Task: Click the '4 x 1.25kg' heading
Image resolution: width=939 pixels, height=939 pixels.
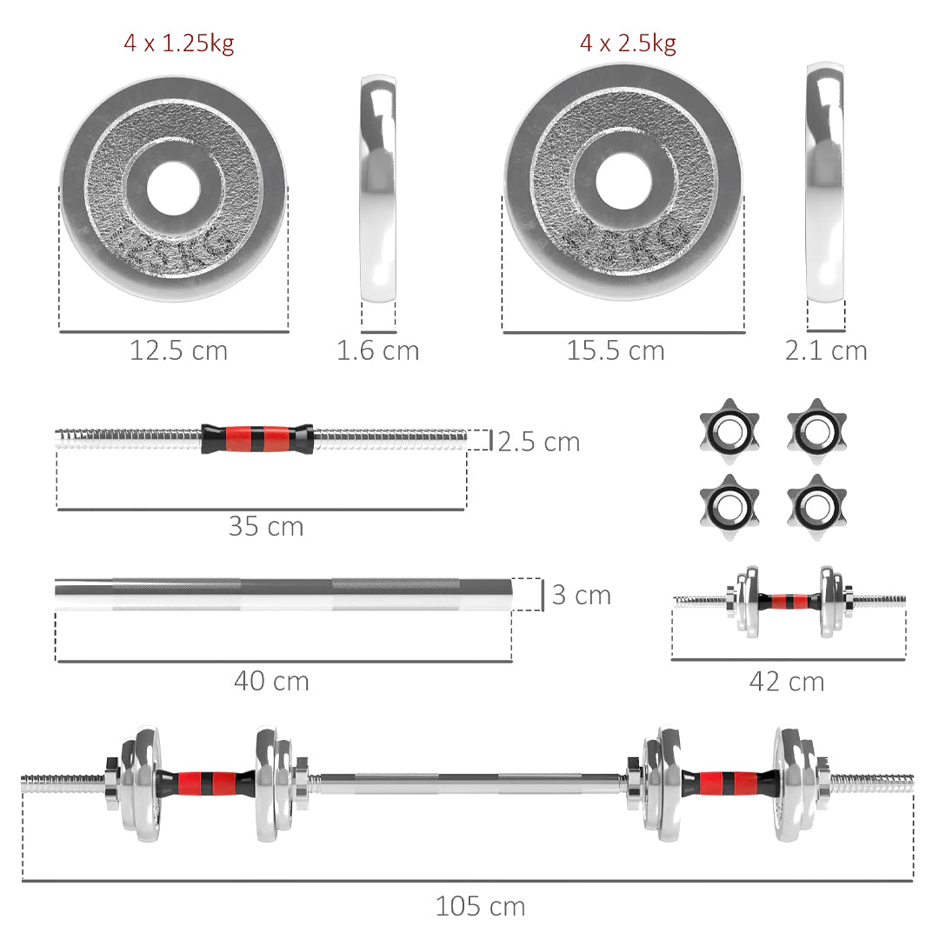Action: (x=178, y=43)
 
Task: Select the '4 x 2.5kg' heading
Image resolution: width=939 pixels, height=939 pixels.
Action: (x=628, y=43)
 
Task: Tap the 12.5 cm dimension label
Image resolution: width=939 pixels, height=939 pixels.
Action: (x=178, y=350)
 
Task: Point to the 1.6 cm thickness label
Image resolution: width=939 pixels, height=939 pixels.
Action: (x=377, y=350)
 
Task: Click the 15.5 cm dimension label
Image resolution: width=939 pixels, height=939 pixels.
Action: (x=616, y=350)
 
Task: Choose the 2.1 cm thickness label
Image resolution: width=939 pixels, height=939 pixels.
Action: (x=826, y=350)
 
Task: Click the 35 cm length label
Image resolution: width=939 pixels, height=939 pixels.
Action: (x=266, y=526)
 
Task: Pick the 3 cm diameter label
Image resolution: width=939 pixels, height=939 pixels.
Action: (x=582, y=596)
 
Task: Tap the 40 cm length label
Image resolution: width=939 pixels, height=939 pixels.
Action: (x=271, y=681)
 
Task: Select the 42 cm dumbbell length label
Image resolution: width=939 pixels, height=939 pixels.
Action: (x=787, y=683)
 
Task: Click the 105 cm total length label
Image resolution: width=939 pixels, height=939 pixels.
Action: (x=480, y=907)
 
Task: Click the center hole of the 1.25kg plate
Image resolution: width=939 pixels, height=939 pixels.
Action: (x=173, y=188)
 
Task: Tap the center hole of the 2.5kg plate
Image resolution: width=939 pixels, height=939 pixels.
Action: (x=623, y=181)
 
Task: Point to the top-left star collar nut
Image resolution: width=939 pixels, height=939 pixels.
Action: (x=729, y=427)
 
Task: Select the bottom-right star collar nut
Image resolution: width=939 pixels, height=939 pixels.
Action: (x=816, y=502)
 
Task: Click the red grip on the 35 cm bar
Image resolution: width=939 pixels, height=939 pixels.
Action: (x=256, y=438)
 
